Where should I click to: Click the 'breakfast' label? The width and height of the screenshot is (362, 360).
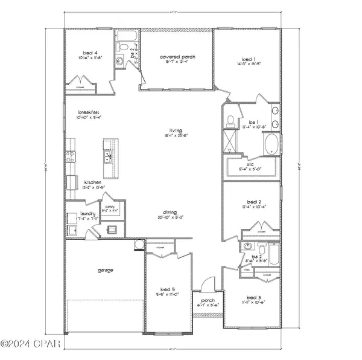[87, 112]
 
